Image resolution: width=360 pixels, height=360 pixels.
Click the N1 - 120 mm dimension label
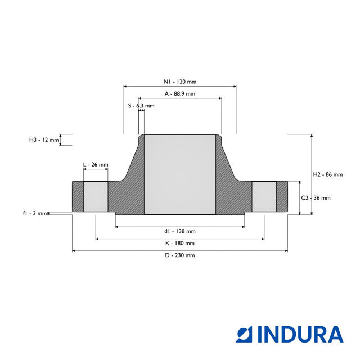click(180, 82)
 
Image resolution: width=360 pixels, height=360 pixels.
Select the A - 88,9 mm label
click(180, 94)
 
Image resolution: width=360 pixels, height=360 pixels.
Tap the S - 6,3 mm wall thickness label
click(141, 106)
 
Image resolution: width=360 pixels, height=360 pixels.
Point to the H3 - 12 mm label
click(44, 140)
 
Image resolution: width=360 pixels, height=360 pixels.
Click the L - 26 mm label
click(96, 165)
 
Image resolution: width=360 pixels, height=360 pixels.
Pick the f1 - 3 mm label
click(35, 213)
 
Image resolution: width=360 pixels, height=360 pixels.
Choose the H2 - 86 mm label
click(328, 174)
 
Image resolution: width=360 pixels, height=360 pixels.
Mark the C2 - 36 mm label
click(316, 198)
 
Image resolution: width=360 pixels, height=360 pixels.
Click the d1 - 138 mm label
click(180, 231)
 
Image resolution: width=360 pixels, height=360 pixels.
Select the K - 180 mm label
click(180, 243)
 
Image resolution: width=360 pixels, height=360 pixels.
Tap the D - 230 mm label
click(180, 255)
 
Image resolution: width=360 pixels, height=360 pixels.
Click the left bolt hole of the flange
click(96, 196)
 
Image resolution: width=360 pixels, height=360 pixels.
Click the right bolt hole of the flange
click(264, 196)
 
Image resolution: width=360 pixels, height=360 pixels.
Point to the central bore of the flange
click(180, 174)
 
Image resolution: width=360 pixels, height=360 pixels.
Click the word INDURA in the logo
click(300, 335)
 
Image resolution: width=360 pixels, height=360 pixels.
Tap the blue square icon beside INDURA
click(244, 335)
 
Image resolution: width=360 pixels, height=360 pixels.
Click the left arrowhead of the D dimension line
click(74, 251)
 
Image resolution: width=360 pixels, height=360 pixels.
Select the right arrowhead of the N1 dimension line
click(235, 86)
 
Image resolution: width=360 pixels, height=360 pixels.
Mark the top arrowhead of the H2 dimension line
click(312, 136)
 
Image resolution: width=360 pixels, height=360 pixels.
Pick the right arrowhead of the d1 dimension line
click(243, 227)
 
